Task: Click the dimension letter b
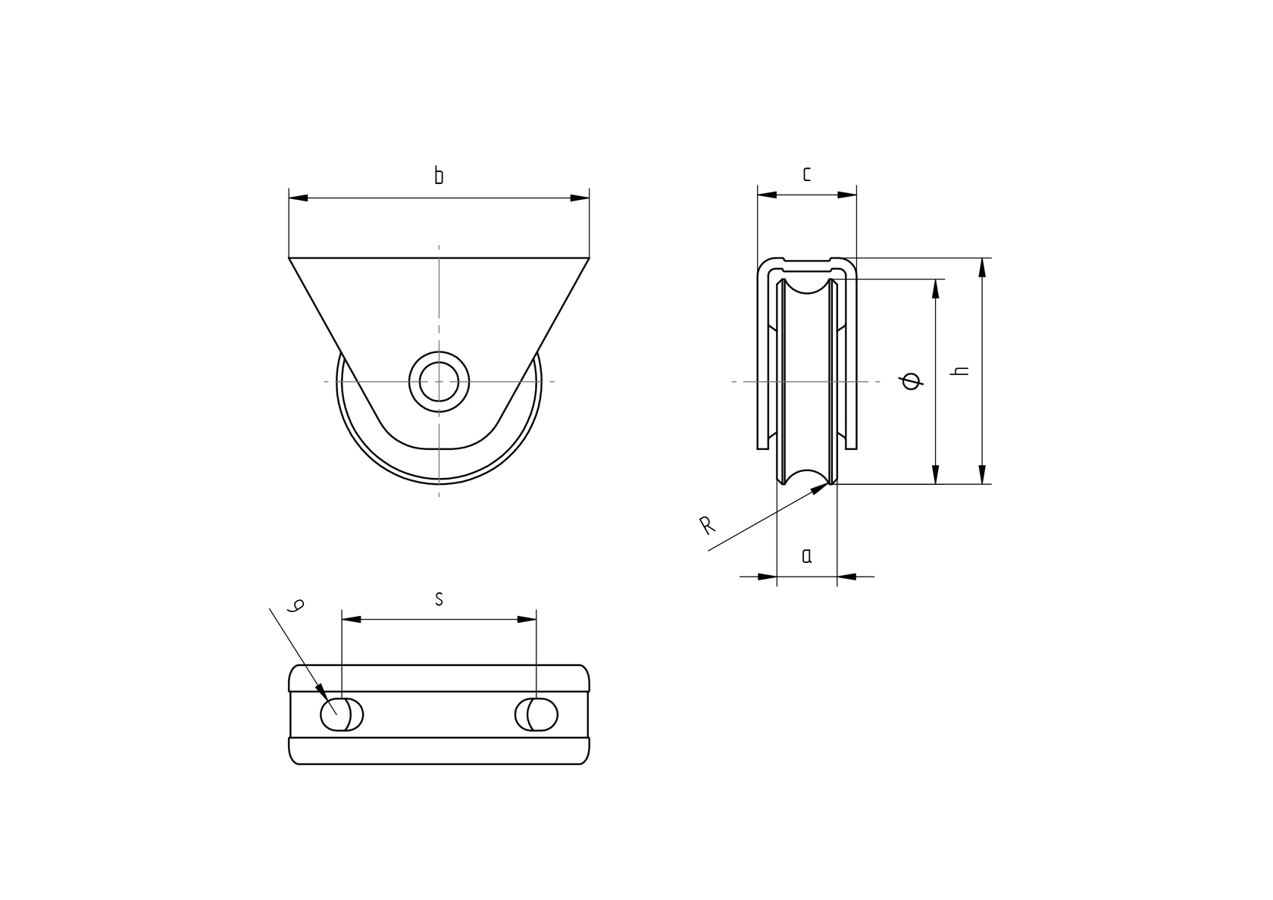point(439,177)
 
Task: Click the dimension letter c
point(807,174)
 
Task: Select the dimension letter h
point(962,370)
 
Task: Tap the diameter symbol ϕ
point(915,381)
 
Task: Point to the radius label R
point(707,525)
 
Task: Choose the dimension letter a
point(807,556)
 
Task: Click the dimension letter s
point(439,599)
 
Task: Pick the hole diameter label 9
point(298,605)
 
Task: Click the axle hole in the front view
point(439,381)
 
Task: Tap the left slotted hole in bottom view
point(342,714)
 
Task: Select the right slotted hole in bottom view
point(536,714)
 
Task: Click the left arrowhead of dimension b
point(299,198)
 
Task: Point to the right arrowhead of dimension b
point(580,198)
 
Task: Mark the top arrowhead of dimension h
point(983,267)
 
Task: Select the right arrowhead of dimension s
point(527,620)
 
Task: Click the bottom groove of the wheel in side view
point(807,477)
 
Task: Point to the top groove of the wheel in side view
point(807,286)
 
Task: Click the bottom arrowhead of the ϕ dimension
point(937,474)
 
